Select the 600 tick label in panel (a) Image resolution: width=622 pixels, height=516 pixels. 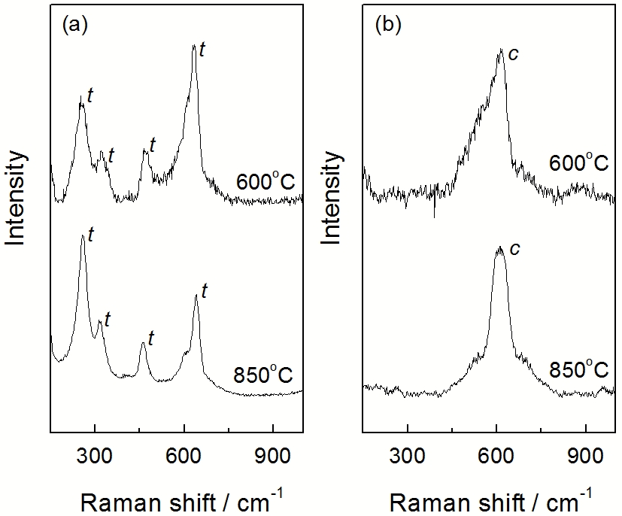184,454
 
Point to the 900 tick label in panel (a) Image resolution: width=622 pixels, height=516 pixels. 272,454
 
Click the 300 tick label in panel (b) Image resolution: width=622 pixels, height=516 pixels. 407,454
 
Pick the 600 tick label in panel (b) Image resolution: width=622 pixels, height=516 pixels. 496,454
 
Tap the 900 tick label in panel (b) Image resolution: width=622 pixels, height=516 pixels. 584,454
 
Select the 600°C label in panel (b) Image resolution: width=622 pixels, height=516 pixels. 575,162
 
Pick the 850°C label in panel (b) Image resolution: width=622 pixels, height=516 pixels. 575,371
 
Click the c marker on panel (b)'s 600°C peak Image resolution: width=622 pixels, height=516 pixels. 514,53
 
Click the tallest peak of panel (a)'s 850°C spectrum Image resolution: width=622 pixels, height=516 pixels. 82,235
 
